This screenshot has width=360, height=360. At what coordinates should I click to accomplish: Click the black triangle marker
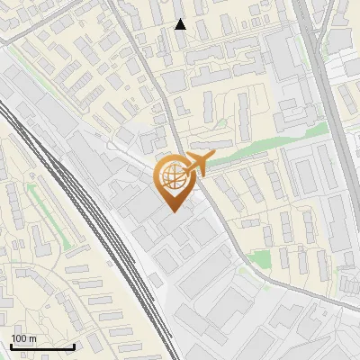coord(181,24)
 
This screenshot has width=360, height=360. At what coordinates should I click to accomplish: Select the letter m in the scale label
coord(32,338)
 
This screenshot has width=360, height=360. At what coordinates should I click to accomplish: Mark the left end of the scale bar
coord(11,346)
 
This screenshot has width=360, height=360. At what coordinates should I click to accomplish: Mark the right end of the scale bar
coord(75,346)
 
